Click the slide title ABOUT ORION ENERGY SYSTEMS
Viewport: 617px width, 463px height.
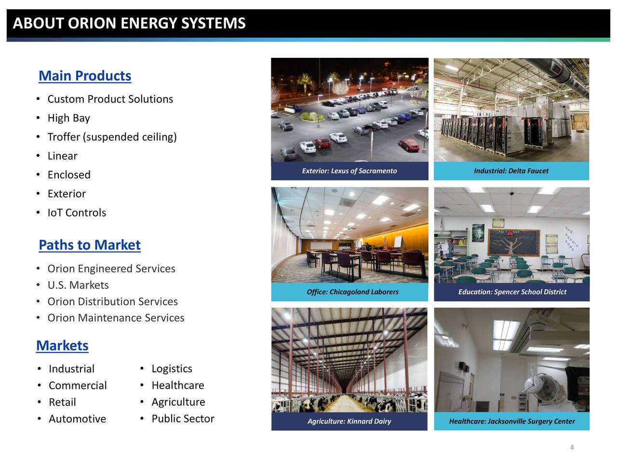129,23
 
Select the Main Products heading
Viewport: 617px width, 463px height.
85,76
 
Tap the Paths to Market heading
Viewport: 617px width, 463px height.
90,245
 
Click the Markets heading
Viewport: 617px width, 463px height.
62,346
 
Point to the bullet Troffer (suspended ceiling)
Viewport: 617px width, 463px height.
112,137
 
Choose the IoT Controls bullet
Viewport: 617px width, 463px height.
77,213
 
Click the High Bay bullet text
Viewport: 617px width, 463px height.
68,118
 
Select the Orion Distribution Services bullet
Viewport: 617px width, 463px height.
112,301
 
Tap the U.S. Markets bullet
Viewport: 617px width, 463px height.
78,285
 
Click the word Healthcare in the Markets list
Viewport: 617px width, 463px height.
177,385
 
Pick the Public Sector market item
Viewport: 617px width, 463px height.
183,419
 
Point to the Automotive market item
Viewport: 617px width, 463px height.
77,419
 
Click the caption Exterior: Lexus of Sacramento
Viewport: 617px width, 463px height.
349,171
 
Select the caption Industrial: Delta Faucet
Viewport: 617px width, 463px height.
511,171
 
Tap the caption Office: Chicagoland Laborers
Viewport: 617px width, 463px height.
352,292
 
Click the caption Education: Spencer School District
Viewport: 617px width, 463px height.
512,292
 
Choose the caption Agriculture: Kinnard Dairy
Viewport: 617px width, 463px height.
349,421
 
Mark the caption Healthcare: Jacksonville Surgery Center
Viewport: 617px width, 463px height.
511,421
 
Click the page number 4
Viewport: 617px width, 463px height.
572,448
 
